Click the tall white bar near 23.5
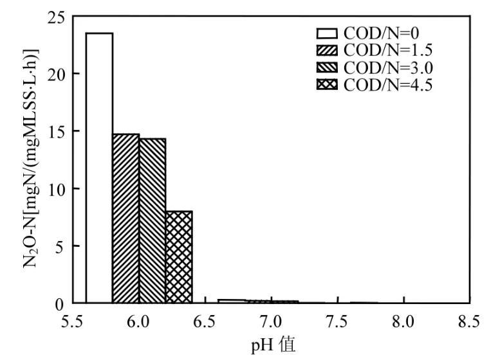click(x=99, y=167)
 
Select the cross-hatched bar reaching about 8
click(x=179, y=257)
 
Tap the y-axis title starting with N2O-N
click(x=31, y=159)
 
